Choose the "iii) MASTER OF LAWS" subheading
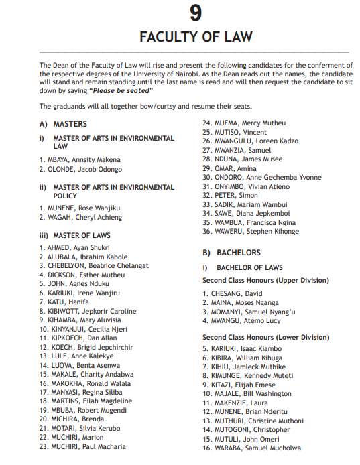[74, 236]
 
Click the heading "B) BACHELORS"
[231, 253]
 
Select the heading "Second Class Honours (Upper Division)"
[265, 281]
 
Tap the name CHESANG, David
[233, 293]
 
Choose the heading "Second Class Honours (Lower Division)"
[265, 337]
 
